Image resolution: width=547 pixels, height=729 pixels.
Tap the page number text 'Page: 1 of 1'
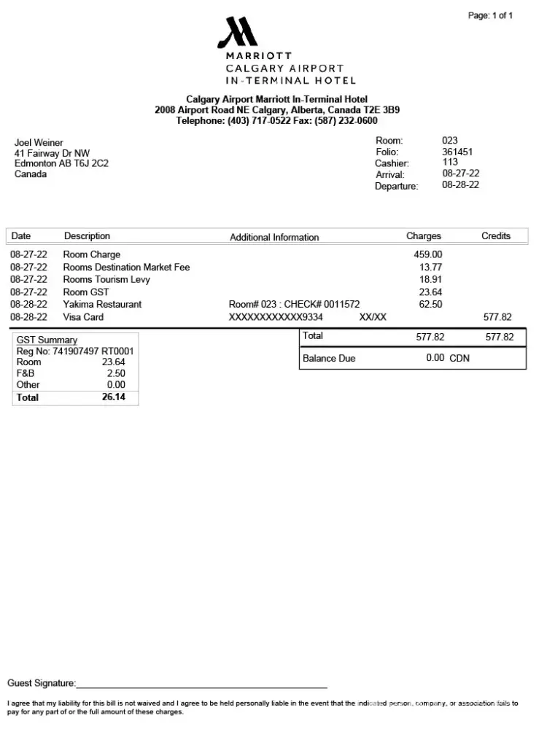pos(490,15)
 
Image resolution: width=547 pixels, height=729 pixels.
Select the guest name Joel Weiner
pos(39,143)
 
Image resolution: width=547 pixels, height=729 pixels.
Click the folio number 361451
pos(457,152)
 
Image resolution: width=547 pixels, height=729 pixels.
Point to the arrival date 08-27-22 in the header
pos(460,174)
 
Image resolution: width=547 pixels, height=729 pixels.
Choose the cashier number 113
pos(450,163)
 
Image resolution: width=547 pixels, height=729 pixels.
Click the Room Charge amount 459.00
pos(427,254)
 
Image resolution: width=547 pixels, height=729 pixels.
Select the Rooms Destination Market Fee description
pos(126,268)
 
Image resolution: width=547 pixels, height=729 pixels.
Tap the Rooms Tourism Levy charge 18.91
pos(430,279)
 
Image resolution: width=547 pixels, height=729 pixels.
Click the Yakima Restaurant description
pos(102,304)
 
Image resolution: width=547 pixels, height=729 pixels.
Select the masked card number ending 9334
pos(276,317)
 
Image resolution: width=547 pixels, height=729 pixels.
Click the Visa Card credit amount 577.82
pos(497,317)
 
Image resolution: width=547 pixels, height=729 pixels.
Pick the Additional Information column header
pos(274,237)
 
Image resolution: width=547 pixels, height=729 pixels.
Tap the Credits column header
pos(496,236)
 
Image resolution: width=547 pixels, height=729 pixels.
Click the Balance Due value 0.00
pos(435,358)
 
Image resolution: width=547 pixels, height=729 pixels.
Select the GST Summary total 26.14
pos(113,397)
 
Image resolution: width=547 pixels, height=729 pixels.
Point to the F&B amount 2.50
pos(115,373)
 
